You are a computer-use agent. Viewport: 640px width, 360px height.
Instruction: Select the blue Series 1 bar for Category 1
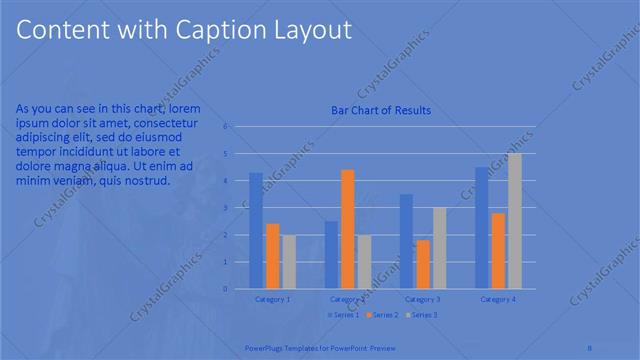point(256,231)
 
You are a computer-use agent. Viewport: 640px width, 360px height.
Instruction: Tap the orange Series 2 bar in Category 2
point(347,229)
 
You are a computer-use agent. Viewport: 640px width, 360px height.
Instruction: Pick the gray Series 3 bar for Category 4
point(515,221)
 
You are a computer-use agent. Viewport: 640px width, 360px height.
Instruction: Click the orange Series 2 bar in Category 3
point(423,264)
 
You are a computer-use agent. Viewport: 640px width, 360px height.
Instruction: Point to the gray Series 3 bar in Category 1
point(289,262)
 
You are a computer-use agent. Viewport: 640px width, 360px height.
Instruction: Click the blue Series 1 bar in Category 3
point(406,241)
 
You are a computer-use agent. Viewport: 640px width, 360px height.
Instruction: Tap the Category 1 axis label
point(273,299)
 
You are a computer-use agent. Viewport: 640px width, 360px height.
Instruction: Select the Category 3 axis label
point(423,299)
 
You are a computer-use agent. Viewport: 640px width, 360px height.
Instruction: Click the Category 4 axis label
point(498,299)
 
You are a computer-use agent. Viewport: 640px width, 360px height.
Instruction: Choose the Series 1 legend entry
point(344,315)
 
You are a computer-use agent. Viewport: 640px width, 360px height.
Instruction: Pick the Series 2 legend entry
point(382,315)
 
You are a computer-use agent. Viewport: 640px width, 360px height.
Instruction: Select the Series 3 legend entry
point(421,315)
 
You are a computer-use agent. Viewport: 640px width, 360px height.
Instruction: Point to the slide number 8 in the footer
point(590,347)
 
